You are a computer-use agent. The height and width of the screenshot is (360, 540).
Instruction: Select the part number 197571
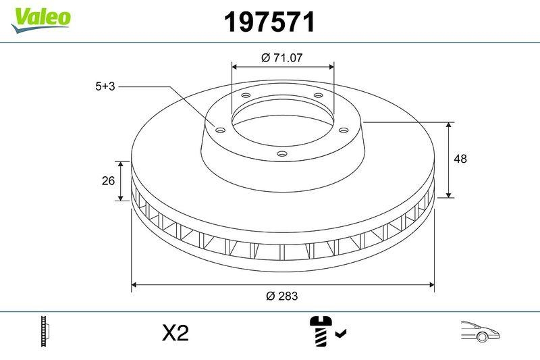(269, 23)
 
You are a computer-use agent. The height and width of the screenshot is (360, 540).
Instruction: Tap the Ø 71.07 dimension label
(281, 58)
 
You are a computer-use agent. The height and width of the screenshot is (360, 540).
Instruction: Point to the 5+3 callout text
(106, 86)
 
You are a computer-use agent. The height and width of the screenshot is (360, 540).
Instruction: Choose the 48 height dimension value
(461, 159)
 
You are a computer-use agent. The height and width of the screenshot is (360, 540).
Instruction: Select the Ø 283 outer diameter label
(282, 296)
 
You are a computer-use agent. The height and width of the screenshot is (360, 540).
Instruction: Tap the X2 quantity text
(175, 333)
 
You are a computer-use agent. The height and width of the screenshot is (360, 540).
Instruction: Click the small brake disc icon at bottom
(46, 332)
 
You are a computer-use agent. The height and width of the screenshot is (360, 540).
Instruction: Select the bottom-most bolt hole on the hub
(281, 155)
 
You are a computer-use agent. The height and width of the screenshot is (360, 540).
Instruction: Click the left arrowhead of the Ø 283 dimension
(134, 284)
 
